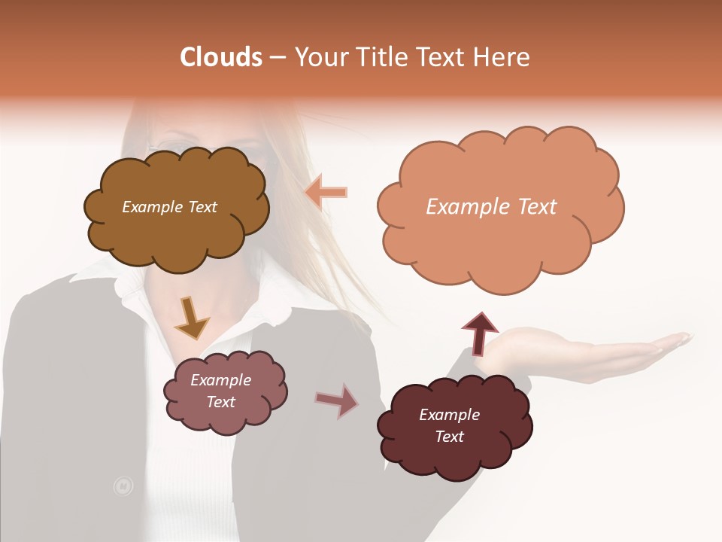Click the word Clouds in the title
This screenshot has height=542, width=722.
(221, 57)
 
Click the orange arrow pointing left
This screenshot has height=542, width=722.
(326, 193)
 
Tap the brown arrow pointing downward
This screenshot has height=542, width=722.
(191, 318)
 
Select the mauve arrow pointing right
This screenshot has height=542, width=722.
(337, 400)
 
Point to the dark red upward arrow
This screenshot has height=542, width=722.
(479, 333)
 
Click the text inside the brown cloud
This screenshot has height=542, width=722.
(169, 207)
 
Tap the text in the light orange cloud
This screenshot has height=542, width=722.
(491, 207)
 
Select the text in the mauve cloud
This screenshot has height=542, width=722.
(221, 391)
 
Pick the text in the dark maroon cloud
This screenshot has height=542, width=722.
(449, 425)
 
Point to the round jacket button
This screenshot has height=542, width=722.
(123, 486)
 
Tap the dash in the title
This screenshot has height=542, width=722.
(278, 57)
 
